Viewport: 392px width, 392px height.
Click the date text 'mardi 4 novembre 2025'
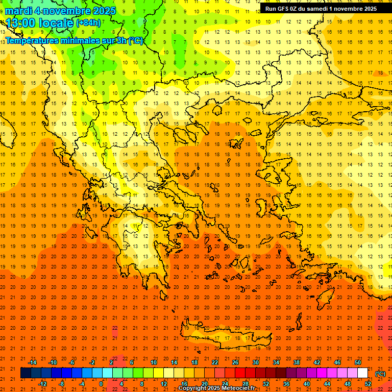[x=61, y=11]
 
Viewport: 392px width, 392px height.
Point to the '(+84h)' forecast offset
[x=89, y=23]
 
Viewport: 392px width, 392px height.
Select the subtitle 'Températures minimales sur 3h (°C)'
[x=75, y=41]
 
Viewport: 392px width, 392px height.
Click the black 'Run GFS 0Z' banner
[x=321, y=8]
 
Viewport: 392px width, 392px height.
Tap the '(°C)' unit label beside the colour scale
[x=380, y=374]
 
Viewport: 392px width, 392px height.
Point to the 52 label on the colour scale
[x=368, y=384]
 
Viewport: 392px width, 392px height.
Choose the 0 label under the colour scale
[x=101, y=384]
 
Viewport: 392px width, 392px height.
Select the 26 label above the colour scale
[x=235, y=362]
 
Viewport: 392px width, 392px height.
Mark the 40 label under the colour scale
[x=307, y=384]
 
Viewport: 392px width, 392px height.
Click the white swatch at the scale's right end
[x=362, y=373]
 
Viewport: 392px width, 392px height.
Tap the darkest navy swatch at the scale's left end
[x=26, y=373]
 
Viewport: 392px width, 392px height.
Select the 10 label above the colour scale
[x=154, y=362]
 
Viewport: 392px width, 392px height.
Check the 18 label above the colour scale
[x=194, y=362]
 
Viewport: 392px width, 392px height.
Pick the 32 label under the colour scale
[x=266, y=384]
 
